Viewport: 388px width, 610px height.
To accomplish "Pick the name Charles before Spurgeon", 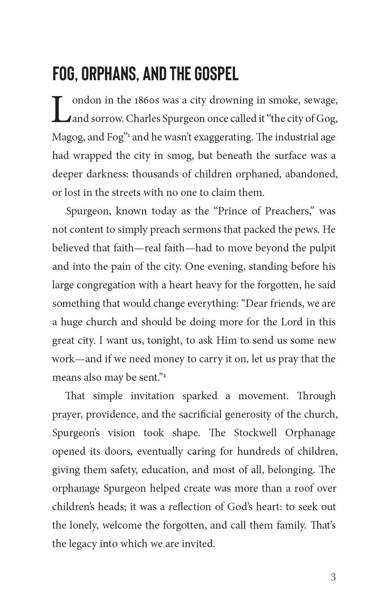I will [143, 119].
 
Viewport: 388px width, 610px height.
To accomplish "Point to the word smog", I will [179, 156].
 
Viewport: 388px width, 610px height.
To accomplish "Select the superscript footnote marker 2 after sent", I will [164, 375].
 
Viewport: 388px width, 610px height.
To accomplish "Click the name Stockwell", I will [255, 433].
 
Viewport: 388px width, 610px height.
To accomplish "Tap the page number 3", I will [333, 577].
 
